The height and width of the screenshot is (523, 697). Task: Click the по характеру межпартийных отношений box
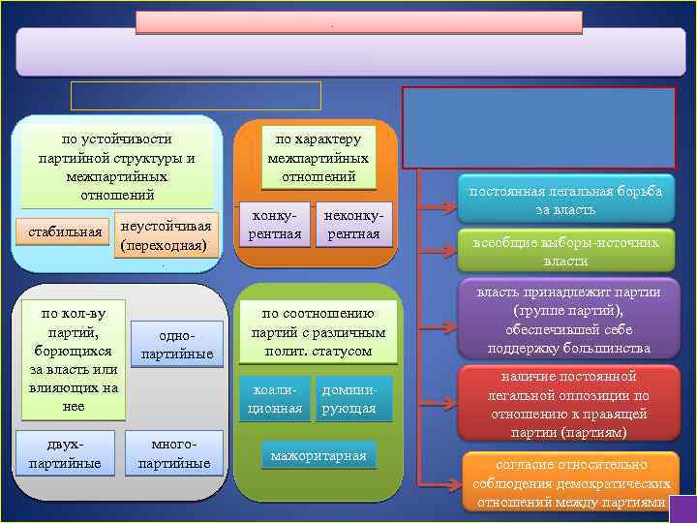pos(318,157)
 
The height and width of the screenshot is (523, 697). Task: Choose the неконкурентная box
pos(353,225)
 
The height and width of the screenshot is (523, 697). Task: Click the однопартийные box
pos(176,344)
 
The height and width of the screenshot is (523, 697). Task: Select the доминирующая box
pos(354,399)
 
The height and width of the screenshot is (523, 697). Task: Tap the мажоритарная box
pos(318,454)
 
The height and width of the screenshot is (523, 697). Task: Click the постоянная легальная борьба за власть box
pos(566,200)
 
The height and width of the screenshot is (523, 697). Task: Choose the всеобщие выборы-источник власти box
pos(566,252)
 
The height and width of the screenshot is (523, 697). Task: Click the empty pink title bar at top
pos(358,22)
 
